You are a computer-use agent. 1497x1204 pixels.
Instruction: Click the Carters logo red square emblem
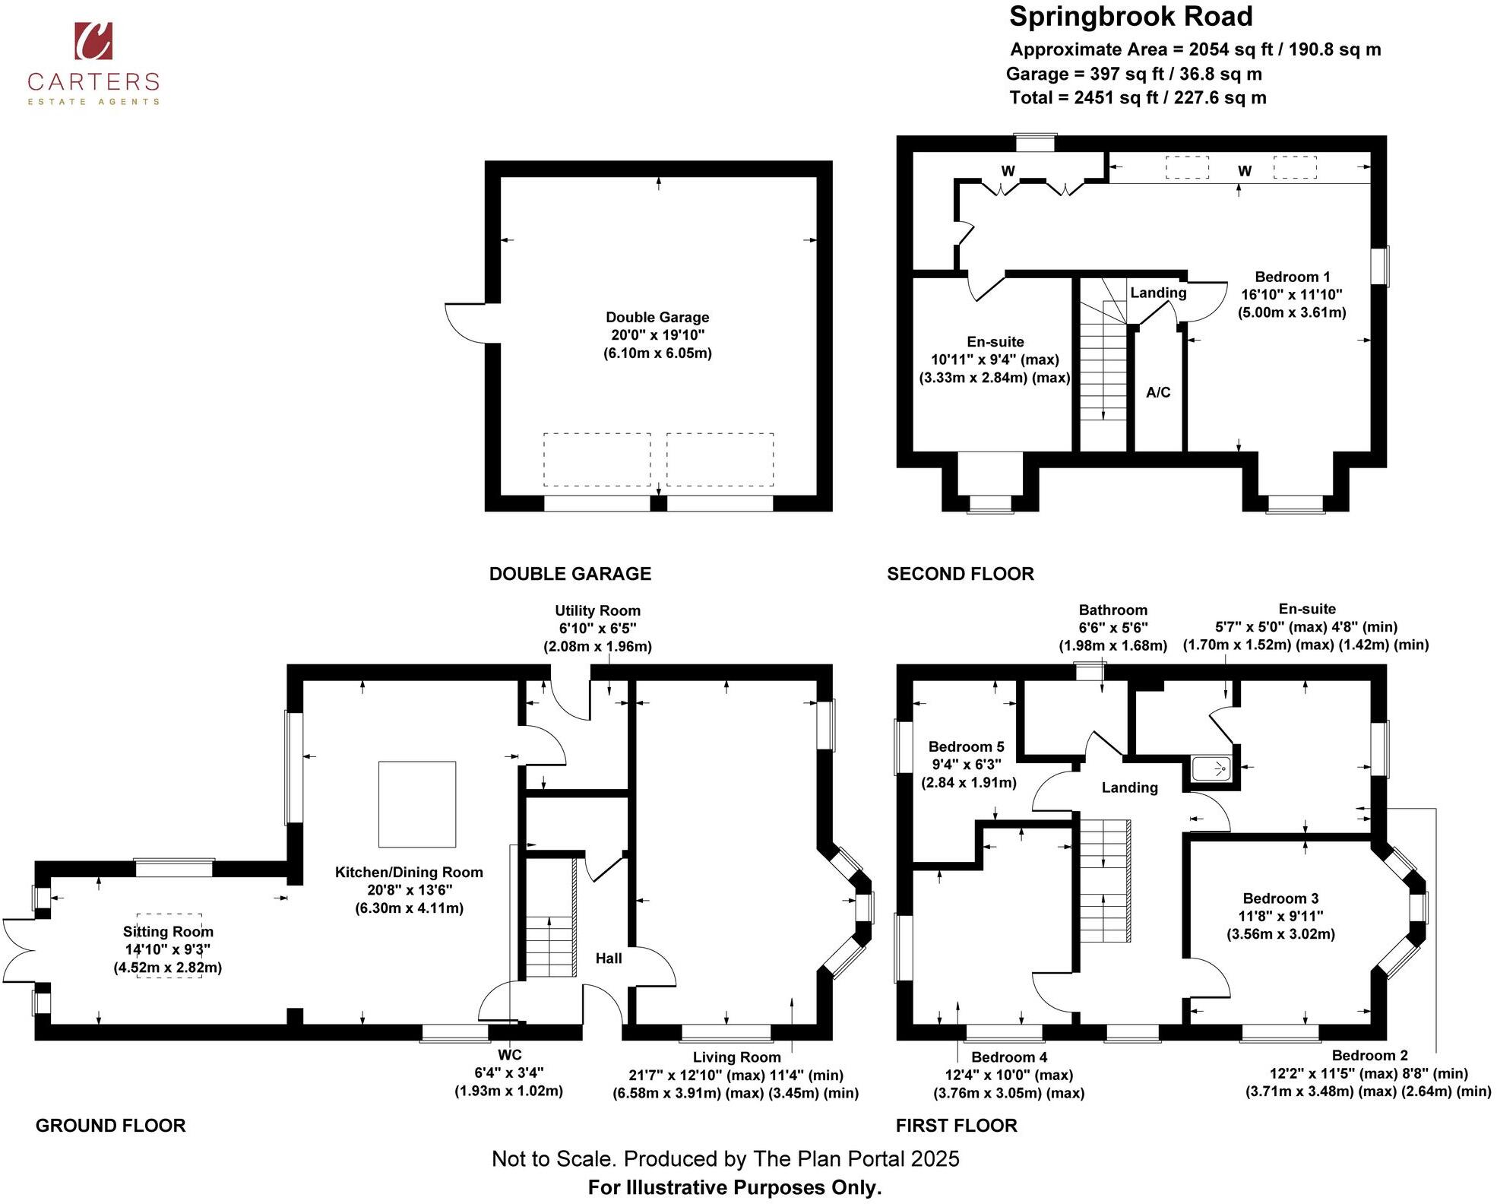point(93,40)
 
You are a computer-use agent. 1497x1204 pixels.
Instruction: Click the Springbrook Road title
point(1130,17)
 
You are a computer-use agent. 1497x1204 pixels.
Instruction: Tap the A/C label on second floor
point(1158,392)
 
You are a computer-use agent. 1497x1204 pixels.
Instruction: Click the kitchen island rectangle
point(417,804)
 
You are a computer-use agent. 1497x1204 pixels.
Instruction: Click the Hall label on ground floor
point(608,958)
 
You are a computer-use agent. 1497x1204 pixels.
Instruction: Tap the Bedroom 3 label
point(1280,898)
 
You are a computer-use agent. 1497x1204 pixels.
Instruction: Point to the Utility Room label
point(597,610)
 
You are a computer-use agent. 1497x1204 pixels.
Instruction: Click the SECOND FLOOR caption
point(960,574)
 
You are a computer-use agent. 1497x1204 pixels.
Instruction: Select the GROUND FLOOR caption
point(110,1126)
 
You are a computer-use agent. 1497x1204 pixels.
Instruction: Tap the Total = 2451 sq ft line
point(1137,97)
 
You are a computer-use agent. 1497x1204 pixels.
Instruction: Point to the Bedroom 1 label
point(1292,277)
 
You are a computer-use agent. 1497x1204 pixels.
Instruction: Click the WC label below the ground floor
point(509,1054)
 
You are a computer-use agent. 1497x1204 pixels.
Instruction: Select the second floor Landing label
point(1157,293)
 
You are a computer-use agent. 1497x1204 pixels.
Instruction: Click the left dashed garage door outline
point(597,459)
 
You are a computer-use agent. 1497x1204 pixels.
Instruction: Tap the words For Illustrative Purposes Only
point(734,1187)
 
